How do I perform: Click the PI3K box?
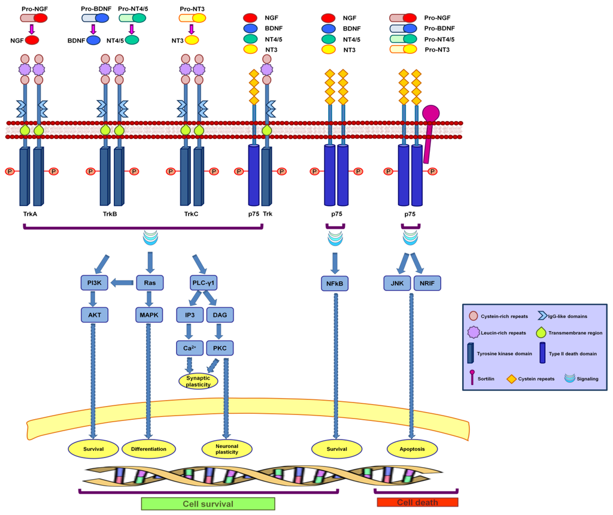click(94, 283)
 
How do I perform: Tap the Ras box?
click(150, 283)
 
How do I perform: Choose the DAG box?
click(220, 314)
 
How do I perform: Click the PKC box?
click(220, 347)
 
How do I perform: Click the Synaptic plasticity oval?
click(198, 381)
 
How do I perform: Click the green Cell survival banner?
click(208, 503)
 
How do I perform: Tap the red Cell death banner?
click(417, 502)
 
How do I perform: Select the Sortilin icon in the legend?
click(474, 378)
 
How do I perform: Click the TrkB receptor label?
click(110, 213)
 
